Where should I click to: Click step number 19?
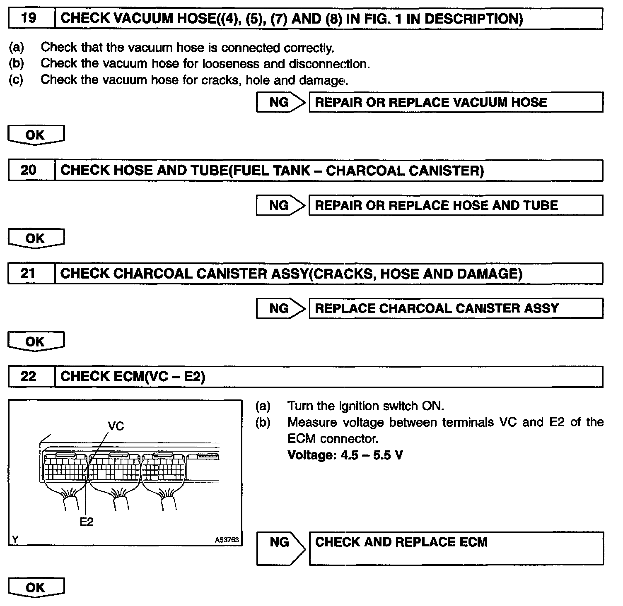pyautogui.click(x=29, y=18)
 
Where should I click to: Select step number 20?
pyautogui.click(x=29, y=170)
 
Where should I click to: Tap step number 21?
pyautogui.click(x=28, y=273)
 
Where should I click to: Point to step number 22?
pyautogui.click(x=28, y=376)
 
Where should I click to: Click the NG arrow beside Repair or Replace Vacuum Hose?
pyautogui.click(x=280, y=102)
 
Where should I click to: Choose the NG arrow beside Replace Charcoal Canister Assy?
pyautogui.click(x=280, y=308)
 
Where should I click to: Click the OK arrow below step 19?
pyautogui.click(x=36, y=135)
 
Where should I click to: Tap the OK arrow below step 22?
pyautogui.click(x=36, y=588)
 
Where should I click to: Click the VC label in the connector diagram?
pyautogui.click(x=116, y=426)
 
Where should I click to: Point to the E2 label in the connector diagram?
pyautogui.click(x=87, y=522)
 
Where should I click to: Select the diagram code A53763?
pyautogui.click(x=227, y=540)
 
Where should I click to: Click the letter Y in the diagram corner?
pyautogui.click(x=15, y=539)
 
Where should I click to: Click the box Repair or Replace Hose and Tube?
pyautogui.click(x=456, y=205)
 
